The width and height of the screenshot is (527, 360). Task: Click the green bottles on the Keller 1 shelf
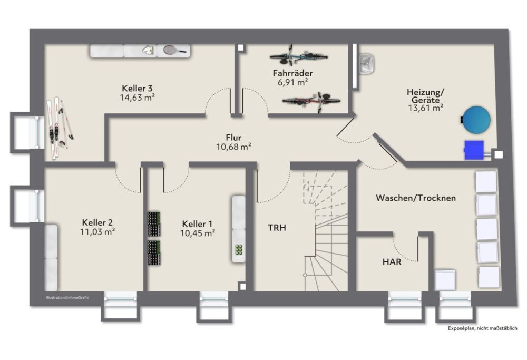tap(239, 250)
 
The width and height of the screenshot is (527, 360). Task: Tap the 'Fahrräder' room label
tap(292, 73)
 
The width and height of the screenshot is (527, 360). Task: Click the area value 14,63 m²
tap(137, 98)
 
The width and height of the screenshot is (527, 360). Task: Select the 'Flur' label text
tap(233, 138)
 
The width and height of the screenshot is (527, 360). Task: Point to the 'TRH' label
tap(277, 228)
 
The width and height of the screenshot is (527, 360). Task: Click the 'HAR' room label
tap(392, 261)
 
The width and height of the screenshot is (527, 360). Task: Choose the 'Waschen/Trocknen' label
tap(416, 198)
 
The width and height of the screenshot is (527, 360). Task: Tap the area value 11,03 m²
tap(97, 231)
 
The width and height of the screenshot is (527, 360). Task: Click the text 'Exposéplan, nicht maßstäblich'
tap(482, 328)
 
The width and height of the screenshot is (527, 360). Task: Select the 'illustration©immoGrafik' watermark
tap(67, 297)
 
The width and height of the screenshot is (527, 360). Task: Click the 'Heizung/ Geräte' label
tap(425, 96)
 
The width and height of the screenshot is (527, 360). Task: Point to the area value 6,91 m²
tap(292, 82)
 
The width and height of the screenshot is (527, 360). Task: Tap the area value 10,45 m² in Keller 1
tap(198, 233)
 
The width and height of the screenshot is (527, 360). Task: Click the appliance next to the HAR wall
tap(445, 280)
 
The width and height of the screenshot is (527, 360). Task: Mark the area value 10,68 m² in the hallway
tap(233, 147)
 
